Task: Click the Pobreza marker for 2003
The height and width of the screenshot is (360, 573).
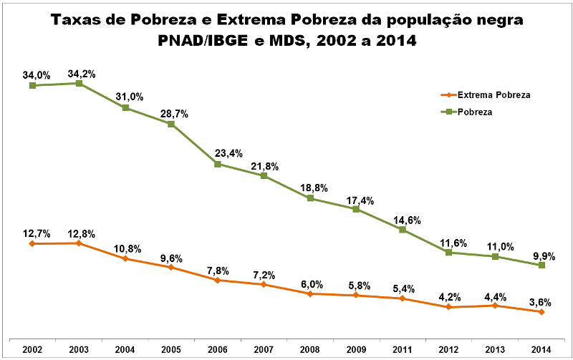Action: click(x=79, y=84)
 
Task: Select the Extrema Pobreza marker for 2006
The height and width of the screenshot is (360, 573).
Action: click(x=217, y=280)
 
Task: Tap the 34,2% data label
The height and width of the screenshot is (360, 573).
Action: click(x=81, y=73)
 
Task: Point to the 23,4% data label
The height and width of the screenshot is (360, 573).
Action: click(x=218, y=152)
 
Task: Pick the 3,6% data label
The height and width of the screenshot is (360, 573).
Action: click(x=541, y=301)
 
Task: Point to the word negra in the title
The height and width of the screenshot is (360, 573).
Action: click(x=497, y=20)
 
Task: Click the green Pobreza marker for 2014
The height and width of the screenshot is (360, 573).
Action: click(x=541, y=266)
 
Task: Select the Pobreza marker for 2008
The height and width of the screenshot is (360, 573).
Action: click(x=310, y=198)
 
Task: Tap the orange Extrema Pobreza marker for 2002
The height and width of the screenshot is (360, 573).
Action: click(x=32, y=244)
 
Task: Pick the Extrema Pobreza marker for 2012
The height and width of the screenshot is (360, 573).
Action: click(x=448, y=307)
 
